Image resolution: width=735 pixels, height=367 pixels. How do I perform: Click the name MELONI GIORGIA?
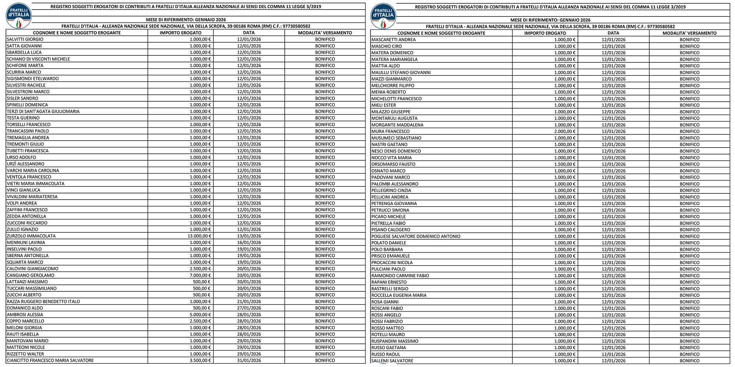(24, 328)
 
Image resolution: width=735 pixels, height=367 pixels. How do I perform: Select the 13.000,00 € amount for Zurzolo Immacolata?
(199, 236)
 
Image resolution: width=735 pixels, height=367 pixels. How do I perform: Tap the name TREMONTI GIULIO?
(25, 144)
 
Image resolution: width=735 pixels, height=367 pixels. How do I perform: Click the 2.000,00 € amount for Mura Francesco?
(565, 131)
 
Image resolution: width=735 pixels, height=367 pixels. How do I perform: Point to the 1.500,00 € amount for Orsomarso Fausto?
(565, 164)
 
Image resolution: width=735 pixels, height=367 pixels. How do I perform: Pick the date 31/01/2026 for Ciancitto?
(249, 360)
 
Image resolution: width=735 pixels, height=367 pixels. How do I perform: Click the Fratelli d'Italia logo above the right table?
(384, 16)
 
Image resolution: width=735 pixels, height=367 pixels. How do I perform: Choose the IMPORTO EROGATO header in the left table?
(180, 33)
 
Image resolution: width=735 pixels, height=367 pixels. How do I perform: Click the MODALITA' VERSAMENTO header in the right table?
(689, 33)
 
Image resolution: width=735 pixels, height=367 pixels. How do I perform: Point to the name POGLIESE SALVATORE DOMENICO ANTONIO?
(416, 236)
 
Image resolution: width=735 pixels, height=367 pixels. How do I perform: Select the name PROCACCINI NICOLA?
(392, 262)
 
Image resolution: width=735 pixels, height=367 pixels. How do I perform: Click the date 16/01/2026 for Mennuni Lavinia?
(249, 243)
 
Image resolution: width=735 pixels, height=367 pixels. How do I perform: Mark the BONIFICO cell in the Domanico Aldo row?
(325, 308)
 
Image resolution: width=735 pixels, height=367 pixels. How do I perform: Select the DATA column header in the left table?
(249, 33)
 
